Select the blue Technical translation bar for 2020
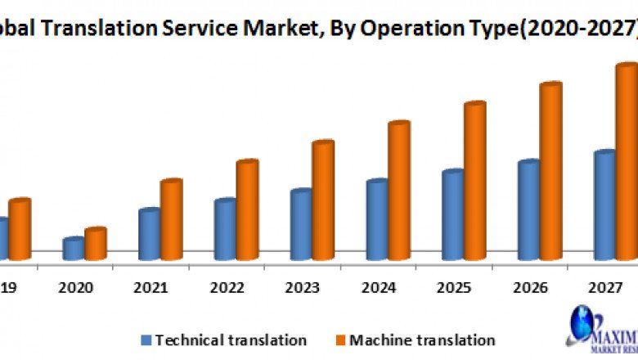74,250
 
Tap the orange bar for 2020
96,244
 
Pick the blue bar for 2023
301,225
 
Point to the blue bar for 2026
528,210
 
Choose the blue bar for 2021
149,234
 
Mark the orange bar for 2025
474,181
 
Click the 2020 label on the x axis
76,287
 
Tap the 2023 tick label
302,287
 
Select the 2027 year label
604,287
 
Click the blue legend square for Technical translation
146,340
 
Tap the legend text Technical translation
231,340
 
